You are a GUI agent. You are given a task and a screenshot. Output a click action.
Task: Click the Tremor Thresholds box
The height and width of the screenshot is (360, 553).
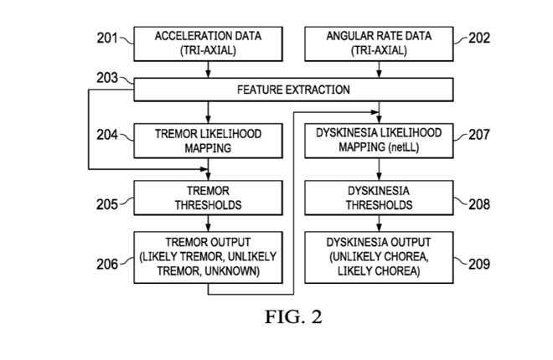(208, 198)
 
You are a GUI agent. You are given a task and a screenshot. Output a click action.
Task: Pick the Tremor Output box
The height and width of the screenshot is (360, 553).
(208, 255)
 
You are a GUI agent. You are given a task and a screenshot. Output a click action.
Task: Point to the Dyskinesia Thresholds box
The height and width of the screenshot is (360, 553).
(379, 198)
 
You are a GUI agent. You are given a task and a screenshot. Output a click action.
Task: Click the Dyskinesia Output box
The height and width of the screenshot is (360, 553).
(379, 255)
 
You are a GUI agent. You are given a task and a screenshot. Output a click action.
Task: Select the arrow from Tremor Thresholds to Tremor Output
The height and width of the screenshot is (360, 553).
(208, 224)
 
